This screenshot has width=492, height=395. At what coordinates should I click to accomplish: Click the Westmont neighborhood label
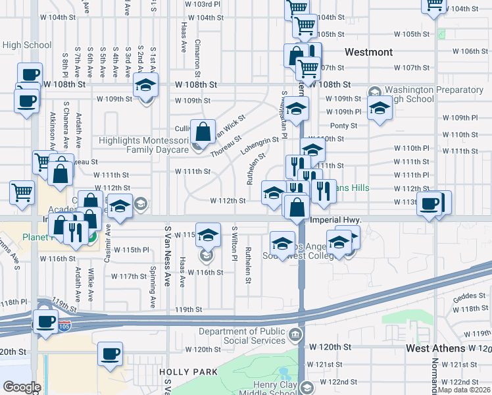tap(368, 52)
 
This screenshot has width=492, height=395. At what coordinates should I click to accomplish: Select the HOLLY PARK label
tap(188, 372)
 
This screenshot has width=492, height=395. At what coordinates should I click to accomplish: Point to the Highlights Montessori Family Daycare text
tap(143, 145)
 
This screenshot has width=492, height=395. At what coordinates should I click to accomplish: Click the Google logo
tap(22, 387)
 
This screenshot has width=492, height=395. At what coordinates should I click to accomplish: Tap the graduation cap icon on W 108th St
tap(145, 84)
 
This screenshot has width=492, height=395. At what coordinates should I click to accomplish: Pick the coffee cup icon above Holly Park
tap(110, 354)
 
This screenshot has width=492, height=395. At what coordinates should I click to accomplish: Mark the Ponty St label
tap(339, 126)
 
